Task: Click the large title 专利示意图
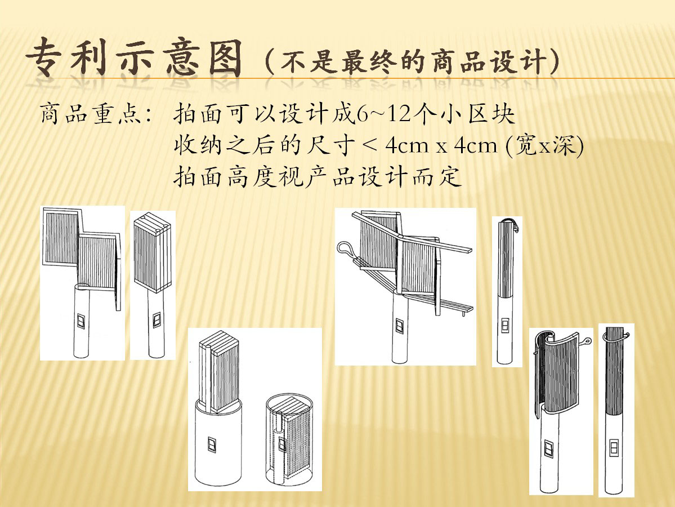pyautogui.click(x=134, y=57)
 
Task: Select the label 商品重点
pyautogui.click(x=91, y=114)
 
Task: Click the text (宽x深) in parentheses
pyautogui.click(x=544, y=145)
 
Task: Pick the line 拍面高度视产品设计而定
pyautogui.click(x=318, y=177)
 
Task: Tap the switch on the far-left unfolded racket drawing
pyautogui.click(x=81, y=321)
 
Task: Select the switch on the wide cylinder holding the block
pyautogui.click(x=212, y=445)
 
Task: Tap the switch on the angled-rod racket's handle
pyautogui.click(x=400, y=327)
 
